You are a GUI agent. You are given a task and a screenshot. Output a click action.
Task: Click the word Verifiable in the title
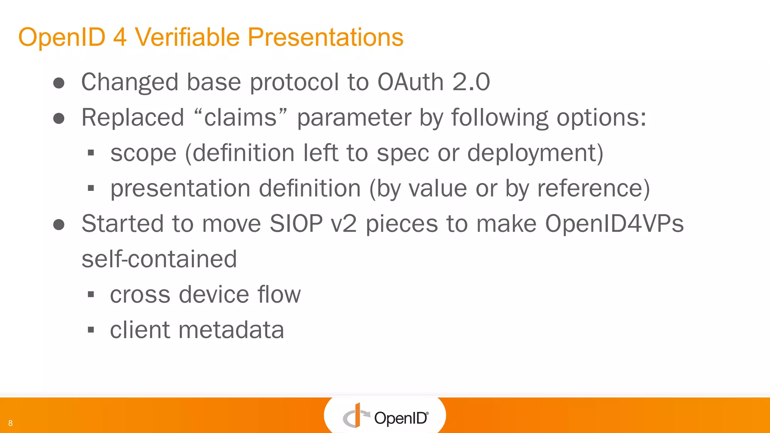pos(187,37)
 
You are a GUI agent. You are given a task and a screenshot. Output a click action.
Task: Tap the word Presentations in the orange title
pos(325,37)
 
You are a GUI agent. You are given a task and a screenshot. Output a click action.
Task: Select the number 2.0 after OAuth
pos(471,82)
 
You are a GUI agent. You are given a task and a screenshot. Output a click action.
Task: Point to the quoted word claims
pos(241,117)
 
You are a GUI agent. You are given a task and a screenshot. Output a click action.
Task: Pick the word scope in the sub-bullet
pos(143,153)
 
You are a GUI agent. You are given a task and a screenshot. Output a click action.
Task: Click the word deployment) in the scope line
pos(535,153)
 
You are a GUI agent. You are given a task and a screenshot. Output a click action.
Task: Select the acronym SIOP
pos(296,224)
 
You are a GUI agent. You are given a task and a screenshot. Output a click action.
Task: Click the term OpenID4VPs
pos(614,224)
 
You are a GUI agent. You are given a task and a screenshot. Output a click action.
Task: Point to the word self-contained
pos(159,259)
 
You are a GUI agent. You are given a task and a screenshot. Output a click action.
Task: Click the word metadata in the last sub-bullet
pos(231,330)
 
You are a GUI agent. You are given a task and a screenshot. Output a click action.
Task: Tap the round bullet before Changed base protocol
pos(59,83)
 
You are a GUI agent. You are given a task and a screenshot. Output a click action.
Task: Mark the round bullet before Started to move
pos(59,225)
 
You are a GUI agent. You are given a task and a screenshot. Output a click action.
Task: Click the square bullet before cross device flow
pos(91,295)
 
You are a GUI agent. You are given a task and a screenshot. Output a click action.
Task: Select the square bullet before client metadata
pos(91,330)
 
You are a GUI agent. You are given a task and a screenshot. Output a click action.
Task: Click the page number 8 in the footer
pos(11,423)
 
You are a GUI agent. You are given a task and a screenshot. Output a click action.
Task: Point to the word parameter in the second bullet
pos(354,118)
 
